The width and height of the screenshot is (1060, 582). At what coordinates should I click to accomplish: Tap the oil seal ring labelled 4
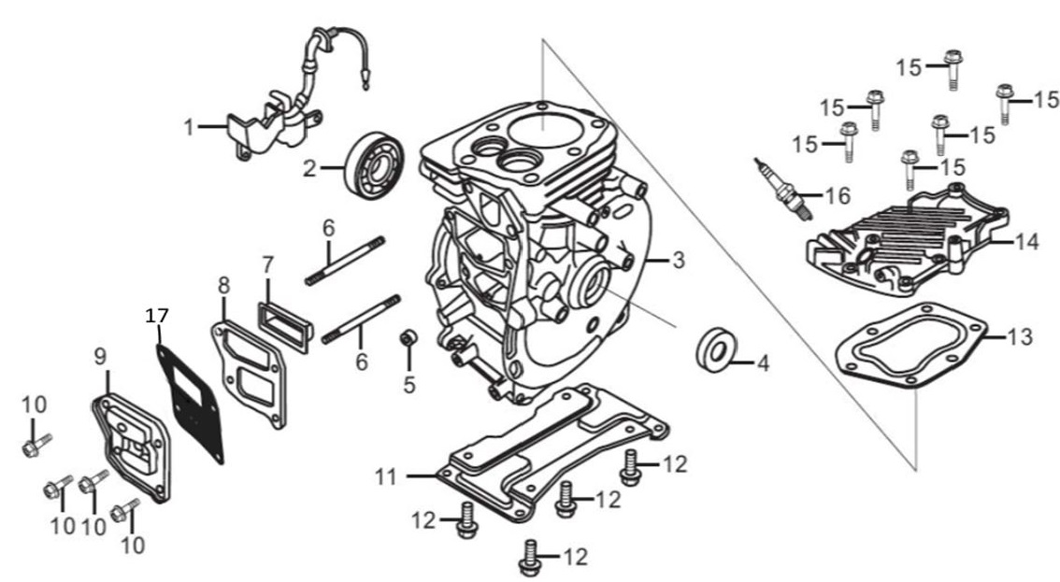(x=719, y=350)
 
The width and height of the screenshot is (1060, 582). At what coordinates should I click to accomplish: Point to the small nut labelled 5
(x=408, y=338)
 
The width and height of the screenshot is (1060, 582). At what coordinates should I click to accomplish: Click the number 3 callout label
(x=679, y=261)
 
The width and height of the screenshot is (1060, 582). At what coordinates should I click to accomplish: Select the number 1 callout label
(x=190, y=126)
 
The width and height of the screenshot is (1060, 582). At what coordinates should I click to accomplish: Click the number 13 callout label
(x=1022, y=337)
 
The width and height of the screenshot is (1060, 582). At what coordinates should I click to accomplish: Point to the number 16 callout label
(x=838, y=195)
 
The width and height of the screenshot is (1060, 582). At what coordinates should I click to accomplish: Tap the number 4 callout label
(x=763, y=363)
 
